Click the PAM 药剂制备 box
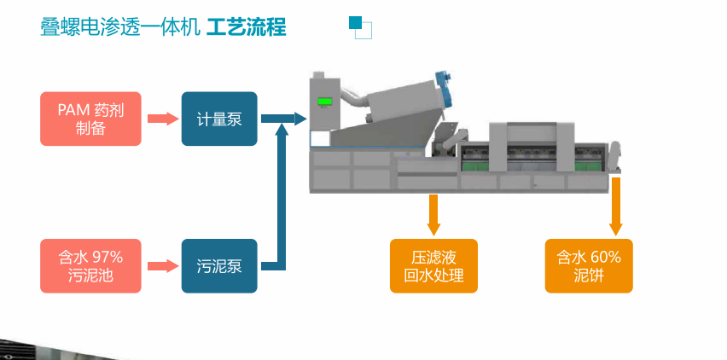click(x=90, y=119)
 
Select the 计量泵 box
click(x=219, y=119)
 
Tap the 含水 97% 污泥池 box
click(x=90, y=265)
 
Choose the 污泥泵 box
click(x=219, y=265)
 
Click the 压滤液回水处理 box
click(x=433, y=265)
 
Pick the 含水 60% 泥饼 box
click(x=589, y=265)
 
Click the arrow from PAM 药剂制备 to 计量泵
click(x=160, y=119)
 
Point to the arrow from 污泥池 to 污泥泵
click(x=160, y=265)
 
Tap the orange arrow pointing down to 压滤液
click(x=433, y=214)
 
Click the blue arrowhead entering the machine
click(x=298, y=119)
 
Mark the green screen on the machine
click(x=324, y=102)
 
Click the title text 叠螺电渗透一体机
click(x=120, y=27)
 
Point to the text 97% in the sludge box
click(x=108, y=256)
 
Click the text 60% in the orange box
click(x=605, y=256)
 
